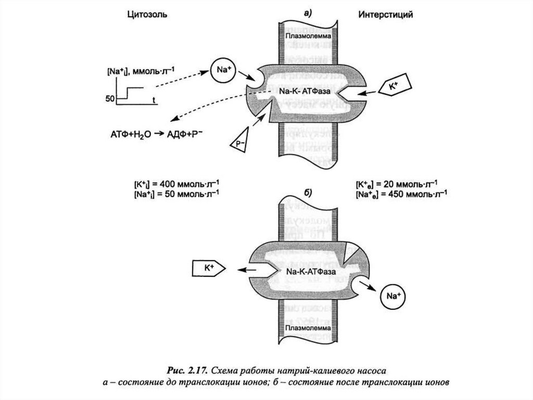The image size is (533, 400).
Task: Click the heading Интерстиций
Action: [386, 15]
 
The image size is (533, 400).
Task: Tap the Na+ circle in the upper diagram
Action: [223, 70]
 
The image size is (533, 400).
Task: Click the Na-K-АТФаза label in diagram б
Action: [311, 271]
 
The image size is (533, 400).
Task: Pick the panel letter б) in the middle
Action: [308, 192]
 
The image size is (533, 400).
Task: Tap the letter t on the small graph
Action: [155, 98]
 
